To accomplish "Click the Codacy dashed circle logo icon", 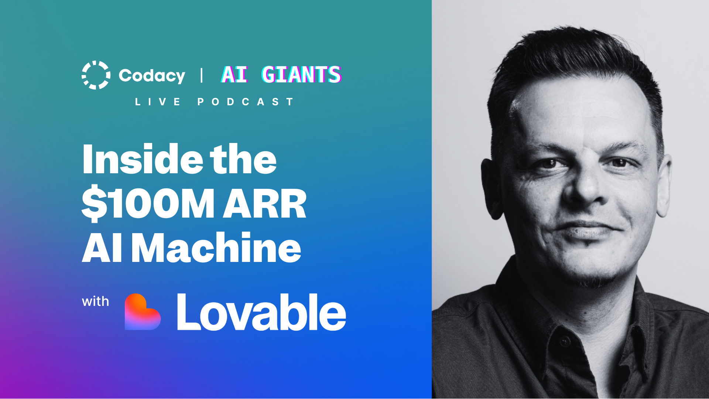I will (x=96, y=75).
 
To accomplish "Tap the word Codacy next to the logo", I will (x=152, y=76).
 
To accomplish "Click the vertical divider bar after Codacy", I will (x=202, y=75).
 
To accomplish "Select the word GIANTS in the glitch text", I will (x=301, y=75).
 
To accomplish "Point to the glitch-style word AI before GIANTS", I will (x=234, y=75).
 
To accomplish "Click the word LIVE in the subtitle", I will (x=158, y=102).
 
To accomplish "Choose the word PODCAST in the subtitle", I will (x=246, y=102).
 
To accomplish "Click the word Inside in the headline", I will (x=143, y=159).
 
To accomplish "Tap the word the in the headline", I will (x=243, y=159).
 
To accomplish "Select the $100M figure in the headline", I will (x=148, y=204).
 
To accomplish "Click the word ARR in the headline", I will (x=265, y=204).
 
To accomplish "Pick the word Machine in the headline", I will (x=216, y=248).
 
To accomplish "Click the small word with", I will (x=95, y=301).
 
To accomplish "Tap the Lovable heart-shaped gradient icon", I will (x=142, y=312).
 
